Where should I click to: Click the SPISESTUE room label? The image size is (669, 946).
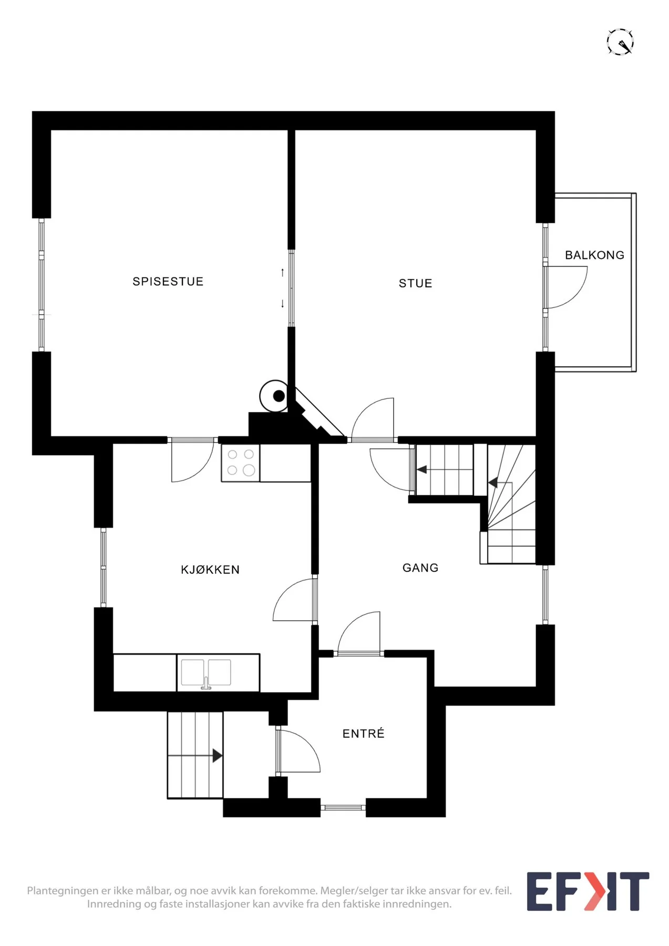(168, 282)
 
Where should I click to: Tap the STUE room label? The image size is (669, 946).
(415, 284)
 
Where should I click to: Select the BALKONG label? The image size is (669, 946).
(594, 255)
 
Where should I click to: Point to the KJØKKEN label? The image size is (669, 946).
(210, 570)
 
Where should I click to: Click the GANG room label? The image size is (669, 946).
(420, 568)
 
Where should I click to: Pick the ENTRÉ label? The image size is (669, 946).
(363, 733)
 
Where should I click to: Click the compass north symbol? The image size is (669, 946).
(620, 42)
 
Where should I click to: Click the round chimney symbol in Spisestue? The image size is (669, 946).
(274, 396)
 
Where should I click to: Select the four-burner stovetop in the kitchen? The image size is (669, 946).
(241, 462)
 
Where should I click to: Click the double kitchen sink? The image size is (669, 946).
(206, 673)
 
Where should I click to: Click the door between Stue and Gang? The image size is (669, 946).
(373, 419)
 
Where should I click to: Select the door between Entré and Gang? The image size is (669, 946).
(359, 633)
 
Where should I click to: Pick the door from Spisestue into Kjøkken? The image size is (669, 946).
(192, 460)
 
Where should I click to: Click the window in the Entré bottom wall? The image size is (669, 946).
(343, 807)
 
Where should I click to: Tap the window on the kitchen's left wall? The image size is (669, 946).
(104, 568)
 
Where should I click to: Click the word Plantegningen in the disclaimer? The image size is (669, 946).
(63, 891)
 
